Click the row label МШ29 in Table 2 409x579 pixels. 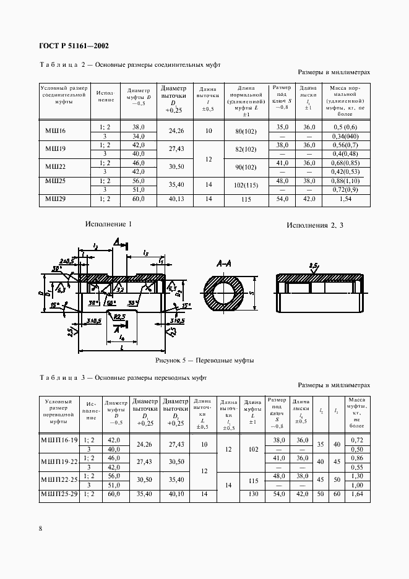pyautogui.click(x=56, y=199)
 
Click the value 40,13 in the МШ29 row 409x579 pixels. pyautogui.click(x=177, y=199)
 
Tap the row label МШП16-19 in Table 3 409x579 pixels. pyautogui.click(x=59, y=440)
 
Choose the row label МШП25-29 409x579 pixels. pyautogui.click(x=59, y=495)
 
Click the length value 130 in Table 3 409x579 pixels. pyautogui.click(x=252, y=495)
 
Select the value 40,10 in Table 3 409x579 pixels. pyautogui.click(x=176, y=495)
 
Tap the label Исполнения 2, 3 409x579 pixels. pyautogui.click(x=314, y=225)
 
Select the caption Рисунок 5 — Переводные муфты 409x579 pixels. pyautogui.click(x=206, y=360)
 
